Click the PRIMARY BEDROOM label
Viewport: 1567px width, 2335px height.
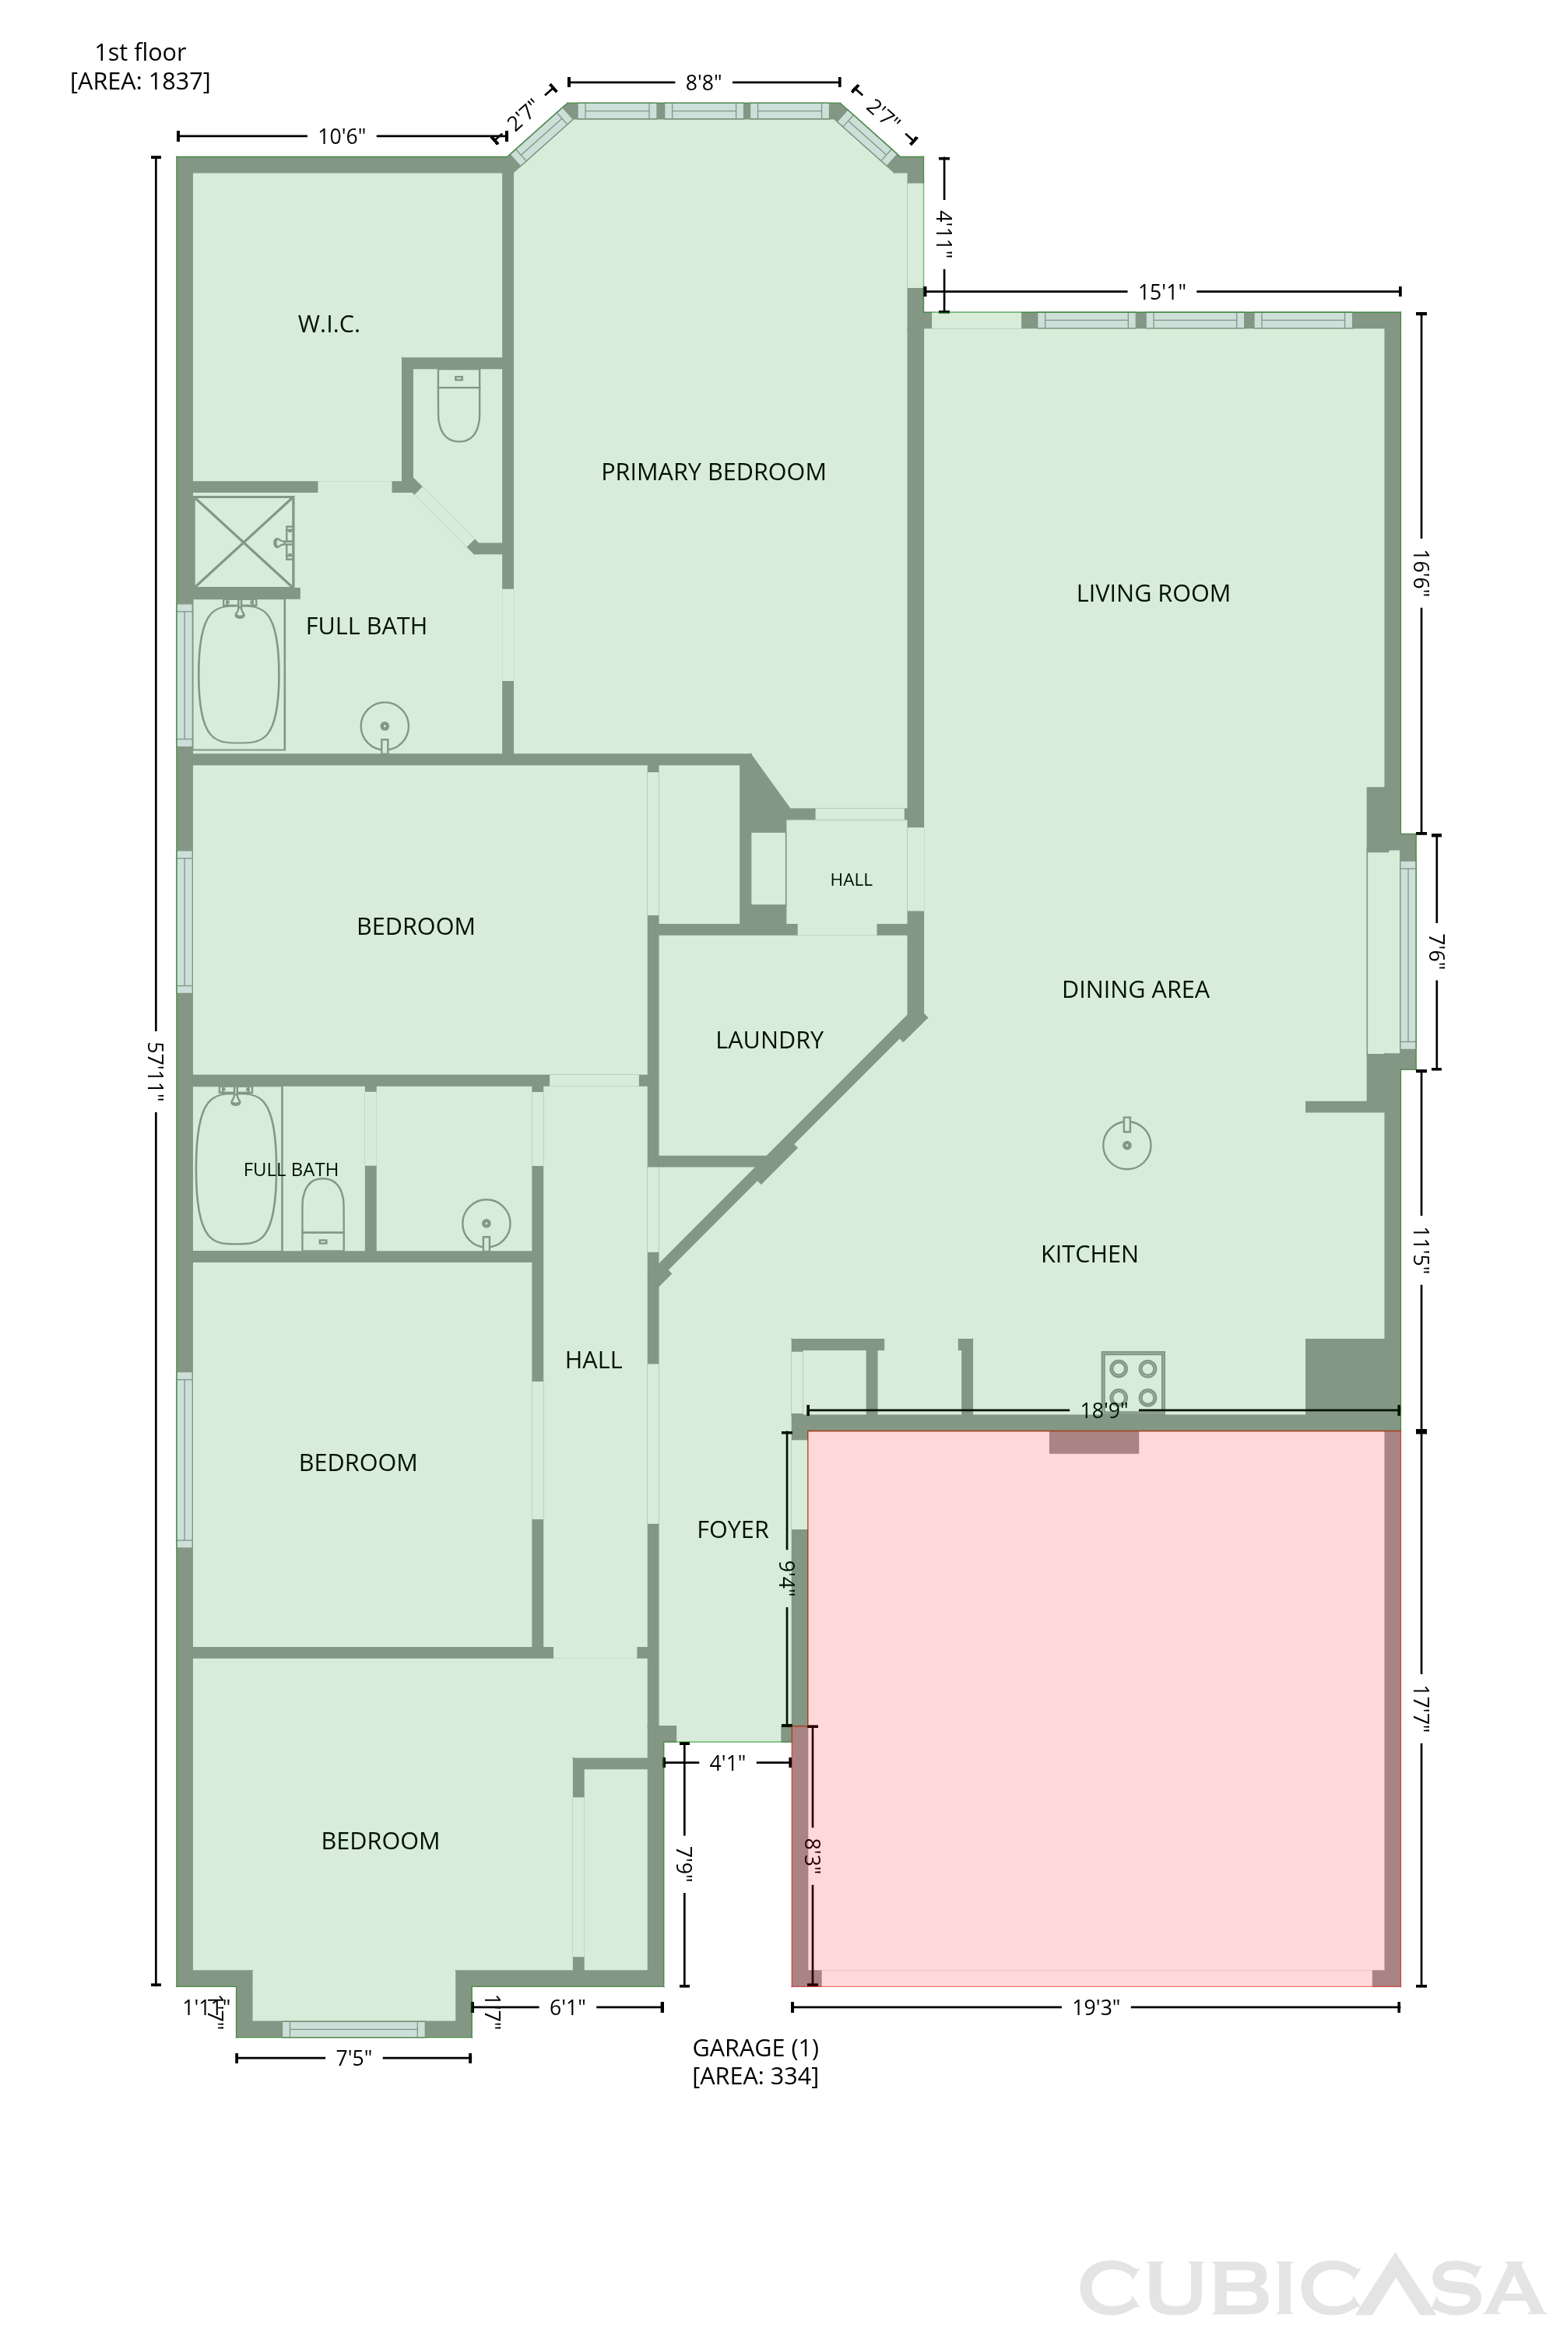[x=714, y=472]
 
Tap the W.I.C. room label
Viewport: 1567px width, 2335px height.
[x=329, y=324]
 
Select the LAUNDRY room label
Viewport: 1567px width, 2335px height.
[x=770, y=1040]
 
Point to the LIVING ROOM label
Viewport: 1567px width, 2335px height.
[x=1154, y=594]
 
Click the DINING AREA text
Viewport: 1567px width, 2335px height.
[x=1135, y=989]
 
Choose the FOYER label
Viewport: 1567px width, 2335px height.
[x=733, y=1529]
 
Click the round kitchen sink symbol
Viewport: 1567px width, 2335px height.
[x=1127, y=1144]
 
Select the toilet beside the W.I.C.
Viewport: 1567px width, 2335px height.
[x=459, y=406]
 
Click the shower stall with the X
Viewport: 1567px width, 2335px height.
[x=244, y=542]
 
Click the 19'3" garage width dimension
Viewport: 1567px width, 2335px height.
[x=1095, y=2007]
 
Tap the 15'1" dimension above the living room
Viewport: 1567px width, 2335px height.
[x=1162, y=292]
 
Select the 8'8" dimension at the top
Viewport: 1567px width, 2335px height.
[x=704, y=82]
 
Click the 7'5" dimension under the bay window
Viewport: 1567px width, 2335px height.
[x=353, y=2058]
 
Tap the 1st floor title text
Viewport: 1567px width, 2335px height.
[x=140, y=52]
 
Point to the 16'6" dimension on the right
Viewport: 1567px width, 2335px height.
[x=1421, y=573]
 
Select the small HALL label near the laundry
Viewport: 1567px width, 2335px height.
[x=852, y=880]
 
